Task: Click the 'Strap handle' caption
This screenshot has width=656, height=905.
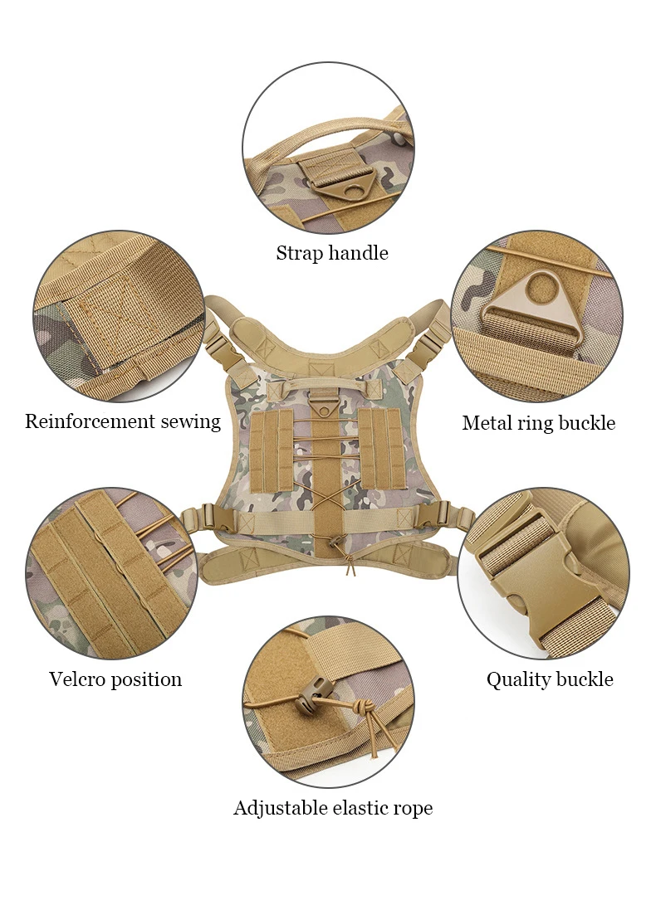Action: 332,253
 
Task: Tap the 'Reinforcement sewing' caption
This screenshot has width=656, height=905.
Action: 123,421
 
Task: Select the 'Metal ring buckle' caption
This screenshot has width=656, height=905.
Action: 539,423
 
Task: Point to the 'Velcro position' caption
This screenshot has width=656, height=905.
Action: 115,679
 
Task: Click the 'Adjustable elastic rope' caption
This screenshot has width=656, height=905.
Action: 333,808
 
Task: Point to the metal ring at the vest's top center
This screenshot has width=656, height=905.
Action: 322,406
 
